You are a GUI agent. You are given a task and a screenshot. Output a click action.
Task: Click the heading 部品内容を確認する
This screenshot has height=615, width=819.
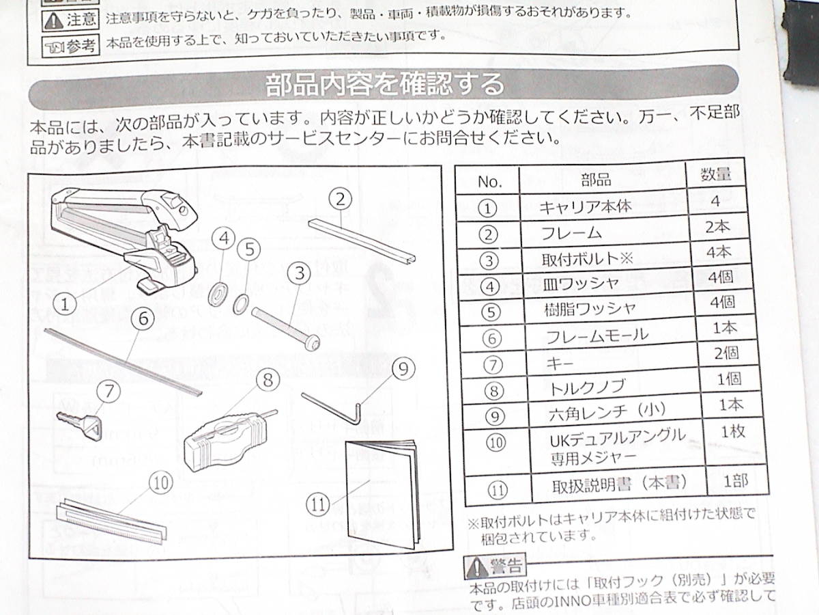point(386,85)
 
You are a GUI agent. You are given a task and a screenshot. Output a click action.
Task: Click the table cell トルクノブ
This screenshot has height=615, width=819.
point(588,388)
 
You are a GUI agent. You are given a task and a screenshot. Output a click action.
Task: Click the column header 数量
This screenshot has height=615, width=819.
point(716,174)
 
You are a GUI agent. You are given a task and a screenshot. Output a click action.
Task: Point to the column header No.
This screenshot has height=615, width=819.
point(489,182)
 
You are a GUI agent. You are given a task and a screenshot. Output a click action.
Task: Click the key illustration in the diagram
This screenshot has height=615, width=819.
point(78,424)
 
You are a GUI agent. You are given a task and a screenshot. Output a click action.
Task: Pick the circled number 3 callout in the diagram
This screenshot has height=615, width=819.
point(298,275)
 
